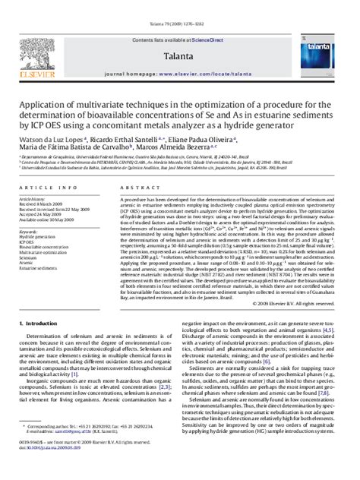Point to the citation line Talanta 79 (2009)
click(x=180, y=6)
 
